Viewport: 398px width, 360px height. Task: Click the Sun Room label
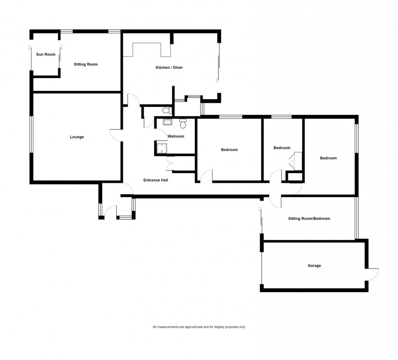click(x=46, y=55)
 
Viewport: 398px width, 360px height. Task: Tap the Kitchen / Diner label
click(x=169, y=68)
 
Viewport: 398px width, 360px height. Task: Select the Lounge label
click(x=77, y=137)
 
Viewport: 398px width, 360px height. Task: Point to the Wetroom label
click(x=176, y=137)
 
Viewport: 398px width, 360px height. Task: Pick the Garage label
click(x=314, y=266)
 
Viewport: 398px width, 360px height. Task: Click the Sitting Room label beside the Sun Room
click(x=86, y=64)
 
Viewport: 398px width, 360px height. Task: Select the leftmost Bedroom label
click(x=229, y=150)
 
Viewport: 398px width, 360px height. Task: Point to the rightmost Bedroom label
click(x=328, y=158)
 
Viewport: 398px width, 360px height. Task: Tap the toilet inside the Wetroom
click(x=183, y=124)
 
